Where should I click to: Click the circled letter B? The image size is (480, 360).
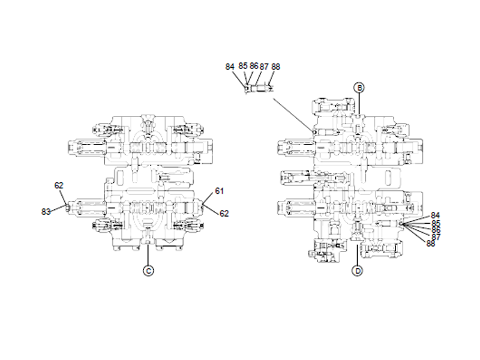coord(359,87)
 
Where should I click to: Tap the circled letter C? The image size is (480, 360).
coord(148,271)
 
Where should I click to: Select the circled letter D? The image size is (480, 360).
coord(358,271)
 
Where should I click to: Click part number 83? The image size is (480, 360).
coord(46,211)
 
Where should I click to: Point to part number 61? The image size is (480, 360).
coord(219,191)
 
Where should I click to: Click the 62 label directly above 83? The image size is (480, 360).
coord(59,185)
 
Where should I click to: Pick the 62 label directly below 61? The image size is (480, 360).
coord(224,213)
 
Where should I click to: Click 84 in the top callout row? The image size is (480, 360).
coord(230,67)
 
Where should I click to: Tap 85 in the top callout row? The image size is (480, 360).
coord(243,65)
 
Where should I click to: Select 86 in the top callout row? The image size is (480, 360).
coord(254,65)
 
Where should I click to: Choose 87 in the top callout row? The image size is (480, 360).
coord(265,66)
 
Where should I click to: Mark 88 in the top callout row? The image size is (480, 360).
coord(276,66)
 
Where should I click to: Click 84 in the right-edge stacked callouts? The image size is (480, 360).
coord(436,215)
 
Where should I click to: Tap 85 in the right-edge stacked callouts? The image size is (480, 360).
coord(436,223)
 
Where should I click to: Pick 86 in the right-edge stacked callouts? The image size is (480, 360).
coord(436,230)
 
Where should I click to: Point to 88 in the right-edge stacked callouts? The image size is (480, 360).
coord(431,243)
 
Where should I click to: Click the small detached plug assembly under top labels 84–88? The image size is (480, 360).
coord(259,89)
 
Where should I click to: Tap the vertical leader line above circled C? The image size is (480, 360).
coord(148,256)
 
